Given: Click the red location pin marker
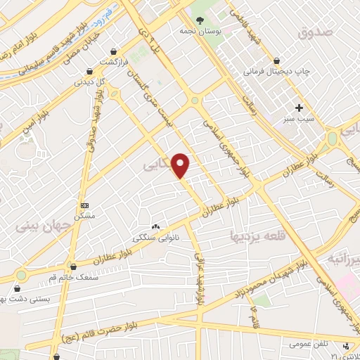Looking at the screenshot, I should [x=181, y=165].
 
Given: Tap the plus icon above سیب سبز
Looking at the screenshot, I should [x=300, y=108].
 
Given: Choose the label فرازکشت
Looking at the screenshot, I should [x=114, y=63].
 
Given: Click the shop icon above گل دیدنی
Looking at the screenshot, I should [x=90, y=70].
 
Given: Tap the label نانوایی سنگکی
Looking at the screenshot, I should [x=156, y=238].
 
